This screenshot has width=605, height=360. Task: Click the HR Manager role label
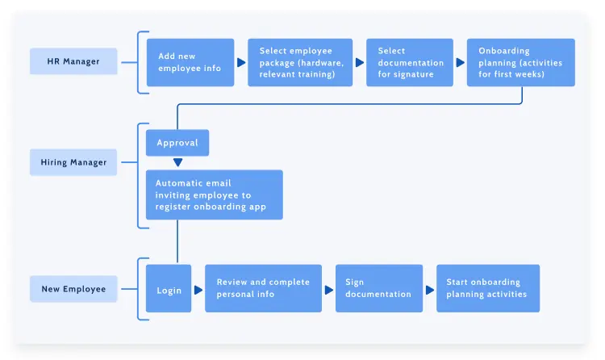click(x=73, y=61)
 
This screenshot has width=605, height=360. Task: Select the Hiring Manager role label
click(x=73, y=162)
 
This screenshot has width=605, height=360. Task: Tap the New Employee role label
click(x=73, y=289)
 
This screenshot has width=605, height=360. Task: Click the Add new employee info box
click(x=190, y=62)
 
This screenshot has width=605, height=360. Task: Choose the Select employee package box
click(x=300, y=62)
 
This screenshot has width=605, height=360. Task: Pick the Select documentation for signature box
click(x=406, y=62)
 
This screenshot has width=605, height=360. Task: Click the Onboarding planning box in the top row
click(x=520, y=62)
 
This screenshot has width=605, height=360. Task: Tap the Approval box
click(x=177, y=143)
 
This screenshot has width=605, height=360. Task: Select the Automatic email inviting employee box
click(x=214, y=195)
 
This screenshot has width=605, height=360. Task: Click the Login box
click(x=169, y=289)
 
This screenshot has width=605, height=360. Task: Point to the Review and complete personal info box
click(x=263, y=289)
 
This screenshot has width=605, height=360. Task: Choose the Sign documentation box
click(x=379, y=289)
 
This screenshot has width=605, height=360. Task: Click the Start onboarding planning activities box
click(x=488, y=289)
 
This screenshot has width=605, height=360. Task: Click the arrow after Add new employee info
click(x=241, y=62)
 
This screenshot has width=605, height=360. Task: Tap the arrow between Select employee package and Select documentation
click(x=360, y=62)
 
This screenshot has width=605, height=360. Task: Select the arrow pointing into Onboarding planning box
click(x=460, y=62)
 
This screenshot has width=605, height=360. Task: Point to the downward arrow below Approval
click(x=177, y=162)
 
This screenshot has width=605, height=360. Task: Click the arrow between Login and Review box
click(x=198, y=289)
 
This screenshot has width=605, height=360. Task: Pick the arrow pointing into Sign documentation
click(x=329, y=289)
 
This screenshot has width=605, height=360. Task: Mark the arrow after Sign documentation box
click(x=430, y=289)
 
